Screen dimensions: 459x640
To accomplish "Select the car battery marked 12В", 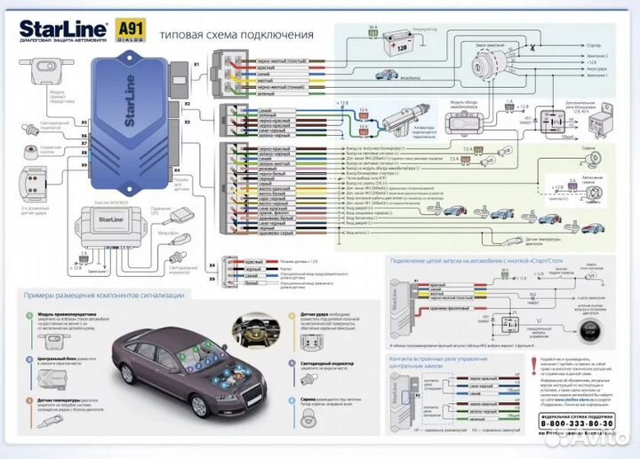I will [x=381, y=47].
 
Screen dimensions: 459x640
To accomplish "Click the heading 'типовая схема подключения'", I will [x=236, y=35].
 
